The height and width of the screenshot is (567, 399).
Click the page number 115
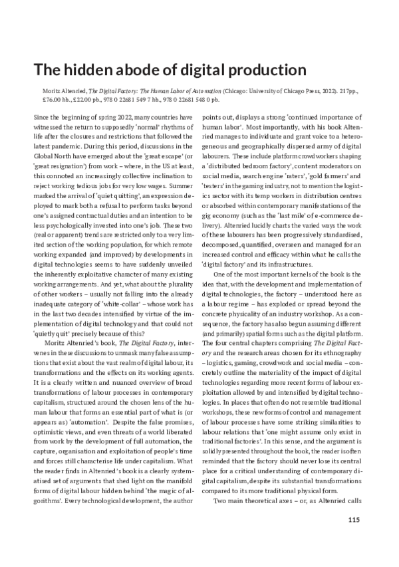[353, 519]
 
